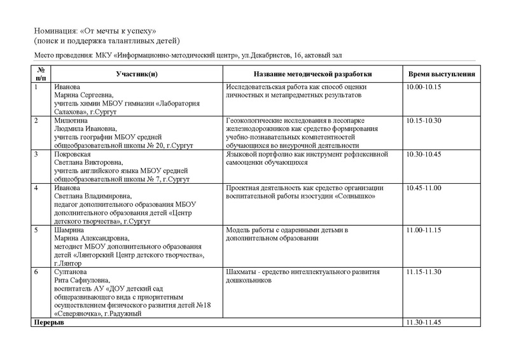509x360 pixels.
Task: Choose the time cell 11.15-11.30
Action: pyautogui.click(x=422, y=272)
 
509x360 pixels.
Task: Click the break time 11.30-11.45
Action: pyautogui.click(x=422, y=323)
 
